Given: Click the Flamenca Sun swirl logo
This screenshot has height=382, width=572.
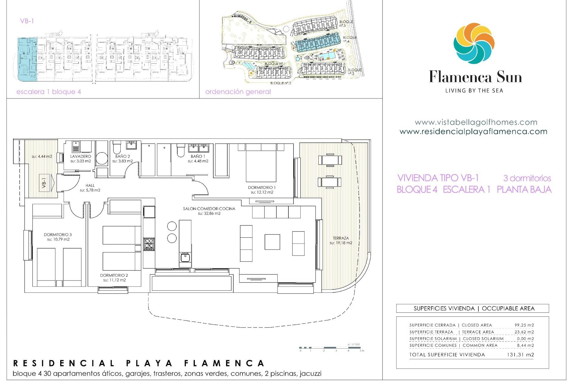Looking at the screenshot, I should [x=474, y=43].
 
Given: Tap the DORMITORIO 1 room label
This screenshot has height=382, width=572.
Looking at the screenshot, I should [x=262, y=187].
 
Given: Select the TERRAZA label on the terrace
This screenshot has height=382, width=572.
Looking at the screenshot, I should [x=341, y=238].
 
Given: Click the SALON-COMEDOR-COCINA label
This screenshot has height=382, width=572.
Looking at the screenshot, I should [x=209, y=209].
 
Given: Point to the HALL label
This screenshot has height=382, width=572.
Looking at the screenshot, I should [x=90, y=185].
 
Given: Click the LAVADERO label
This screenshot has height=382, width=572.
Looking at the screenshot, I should [x=80, y=156].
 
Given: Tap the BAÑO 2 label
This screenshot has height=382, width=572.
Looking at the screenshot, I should [x=122, y=156].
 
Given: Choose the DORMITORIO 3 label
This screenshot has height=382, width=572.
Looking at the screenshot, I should [x=58, y=235].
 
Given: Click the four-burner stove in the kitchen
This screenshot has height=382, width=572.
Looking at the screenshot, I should [x=149, y=244].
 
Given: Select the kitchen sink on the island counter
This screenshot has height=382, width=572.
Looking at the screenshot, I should [x=185, y=257].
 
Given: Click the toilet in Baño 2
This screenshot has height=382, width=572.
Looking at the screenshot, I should [x=116, y=147].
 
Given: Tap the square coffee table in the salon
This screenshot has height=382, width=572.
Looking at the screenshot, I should [x=272, y=242].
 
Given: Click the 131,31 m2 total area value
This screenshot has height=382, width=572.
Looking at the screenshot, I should [x=520, y=355].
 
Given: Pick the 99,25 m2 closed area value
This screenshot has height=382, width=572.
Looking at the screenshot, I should [x=524, y=325].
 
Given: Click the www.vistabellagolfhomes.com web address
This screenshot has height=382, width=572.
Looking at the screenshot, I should [x=476, y=122].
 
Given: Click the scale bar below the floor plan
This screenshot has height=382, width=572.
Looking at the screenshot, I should [x=331, y=348].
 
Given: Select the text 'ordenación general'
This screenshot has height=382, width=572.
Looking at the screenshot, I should [x=238, y=92].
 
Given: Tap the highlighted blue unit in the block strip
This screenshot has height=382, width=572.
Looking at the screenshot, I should [x=27, y=59].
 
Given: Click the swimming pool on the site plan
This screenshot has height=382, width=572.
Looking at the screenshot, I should [x=326, y=56].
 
